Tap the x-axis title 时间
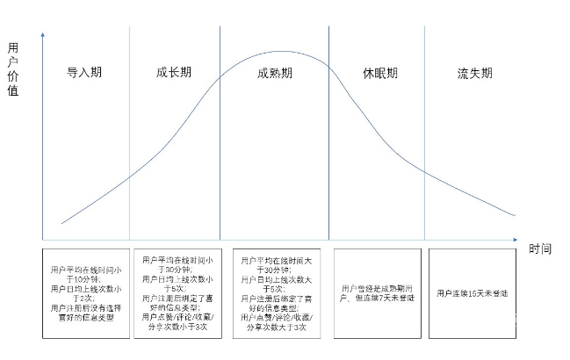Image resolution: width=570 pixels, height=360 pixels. coord(541,248)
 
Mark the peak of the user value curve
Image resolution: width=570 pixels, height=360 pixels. coord(283,52)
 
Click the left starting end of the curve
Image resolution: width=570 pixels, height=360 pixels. coord(62,223)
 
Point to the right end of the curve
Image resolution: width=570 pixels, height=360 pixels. coord(515,215)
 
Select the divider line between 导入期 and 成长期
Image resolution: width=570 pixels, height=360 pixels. coord(129,132)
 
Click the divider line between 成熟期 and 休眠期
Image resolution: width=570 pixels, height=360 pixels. coord(329,132)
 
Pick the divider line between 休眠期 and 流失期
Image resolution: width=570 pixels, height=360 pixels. coord(425,132)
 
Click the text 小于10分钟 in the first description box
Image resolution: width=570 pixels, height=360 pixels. coord(86,277)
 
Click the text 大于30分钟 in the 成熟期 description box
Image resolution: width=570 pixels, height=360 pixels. coord(275,270)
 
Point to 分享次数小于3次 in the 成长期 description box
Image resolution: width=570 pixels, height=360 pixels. coord(173,327)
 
